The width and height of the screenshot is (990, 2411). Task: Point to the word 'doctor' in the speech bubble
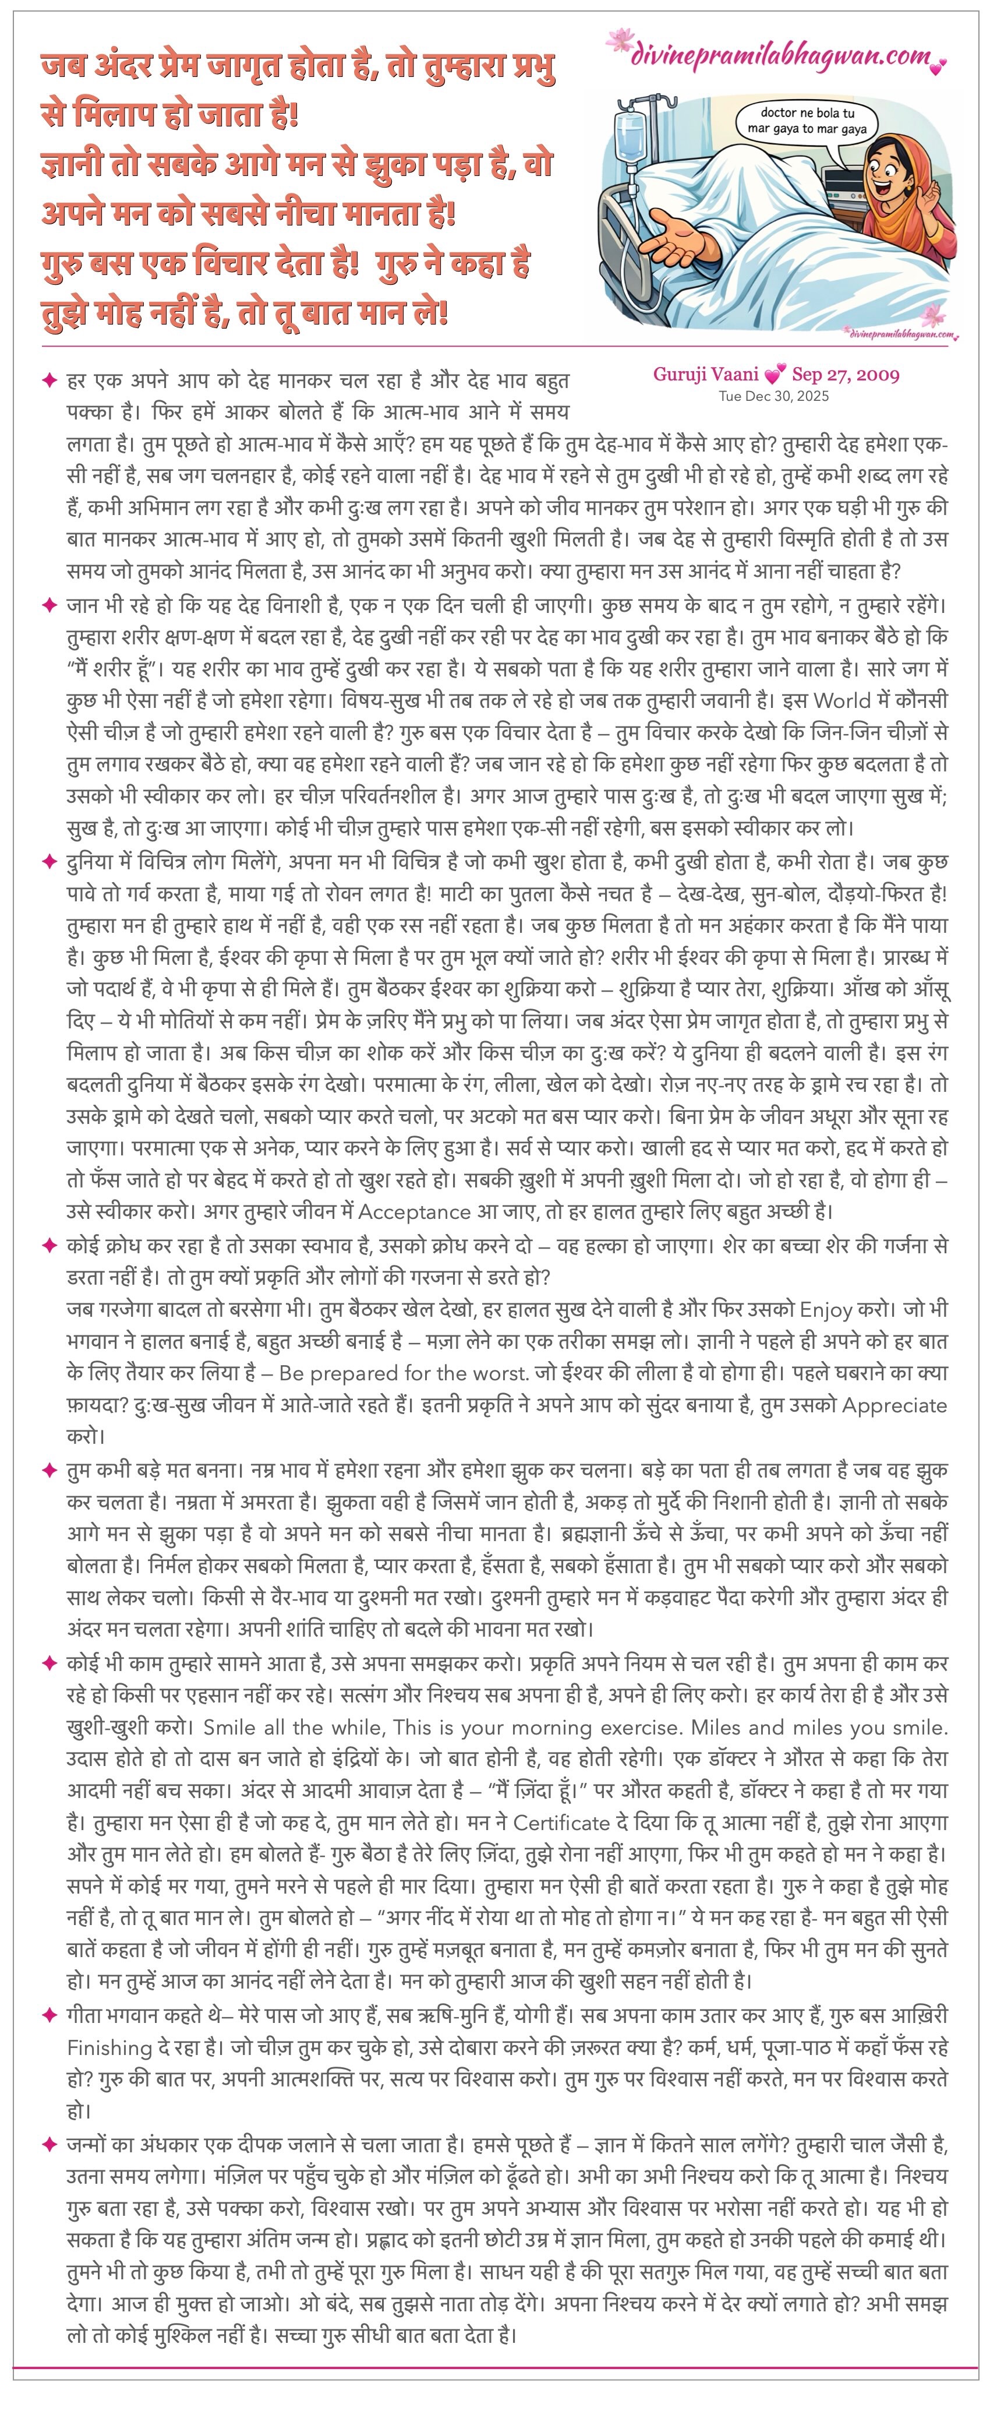pos(779,112)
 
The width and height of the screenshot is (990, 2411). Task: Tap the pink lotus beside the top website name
pos(620,41)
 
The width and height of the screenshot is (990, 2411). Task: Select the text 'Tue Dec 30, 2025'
pos(773,396)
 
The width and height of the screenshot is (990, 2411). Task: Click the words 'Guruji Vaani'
pos(706,375)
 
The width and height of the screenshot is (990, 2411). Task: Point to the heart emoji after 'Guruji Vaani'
pos(774,375)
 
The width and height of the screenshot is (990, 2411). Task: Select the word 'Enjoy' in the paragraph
pos(825,1309)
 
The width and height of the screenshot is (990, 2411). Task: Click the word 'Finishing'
pos(109,2047)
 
